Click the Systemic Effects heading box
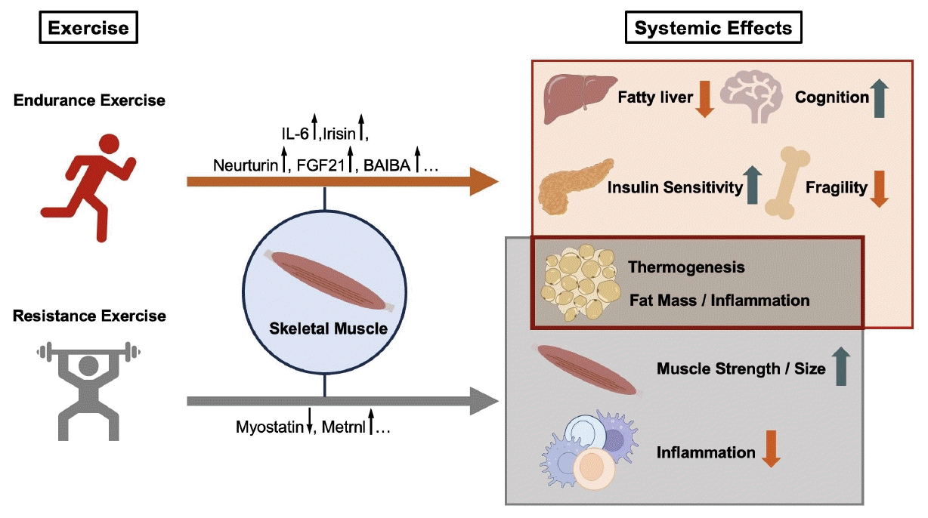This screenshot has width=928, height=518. click(x=713, y=29)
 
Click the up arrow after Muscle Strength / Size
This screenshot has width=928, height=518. click(x=842, y=368)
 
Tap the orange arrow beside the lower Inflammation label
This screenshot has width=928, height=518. click(x=772, y=449)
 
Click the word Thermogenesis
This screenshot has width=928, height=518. click(x=686, y=267)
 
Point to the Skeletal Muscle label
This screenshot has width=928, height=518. click(x=323, y=328)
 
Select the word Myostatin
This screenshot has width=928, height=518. click(x=268, y=428)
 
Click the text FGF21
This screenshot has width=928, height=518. click(x=320, y=165)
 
